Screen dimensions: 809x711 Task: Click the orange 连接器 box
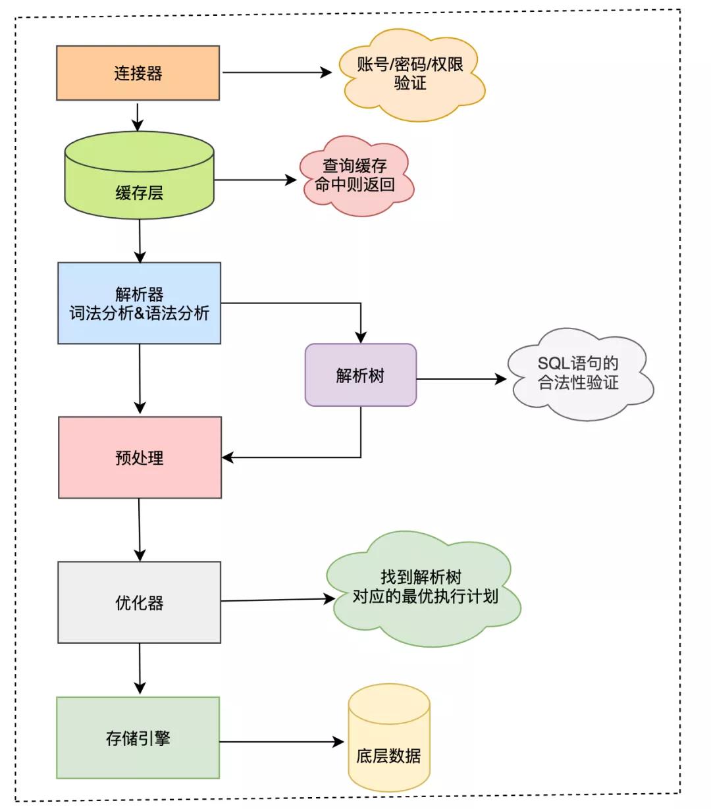(x=138, y=73)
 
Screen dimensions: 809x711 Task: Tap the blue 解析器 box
(x=139, y=303)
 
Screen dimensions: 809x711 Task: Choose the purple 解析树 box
(x=360, y=375)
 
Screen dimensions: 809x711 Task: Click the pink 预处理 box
(x=140, y=457)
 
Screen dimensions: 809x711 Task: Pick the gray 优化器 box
(x=139, y=602)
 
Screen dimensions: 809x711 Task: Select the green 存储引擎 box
(x=138, y=738)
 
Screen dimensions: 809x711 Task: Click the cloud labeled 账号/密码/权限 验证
(x=411, y=74)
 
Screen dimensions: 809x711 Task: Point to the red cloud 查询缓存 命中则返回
(x=355, y=176)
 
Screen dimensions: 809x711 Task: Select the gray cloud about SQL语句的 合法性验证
(x=578, y=373)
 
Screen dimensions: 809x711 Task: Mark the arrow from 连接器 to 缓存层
(x=137, y=117)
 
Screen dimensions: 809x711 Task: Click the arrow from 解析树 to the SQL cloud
(x=461, y=379)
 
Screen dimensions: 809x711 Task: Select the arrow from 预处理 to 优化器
(x=140, y=529)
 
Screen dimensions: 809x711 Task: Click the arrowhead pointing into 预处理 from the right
(x=228, y=457)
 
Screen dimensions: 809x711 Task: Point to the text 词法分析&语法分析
(x=139, y=313)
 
